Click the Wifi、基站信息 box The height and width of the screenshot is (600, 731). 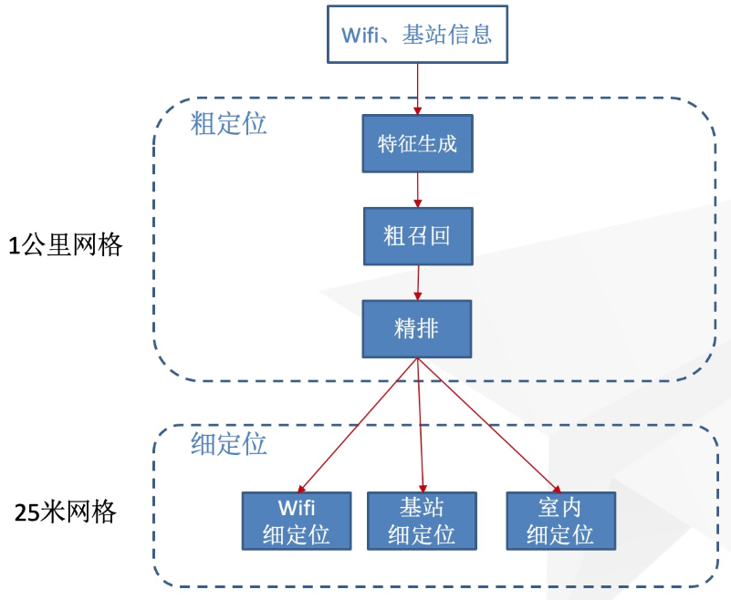[416, 35]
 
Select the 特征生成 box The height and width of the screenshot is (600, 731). [417, 143]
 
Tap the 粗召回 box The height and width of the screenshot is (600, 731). [417, 236]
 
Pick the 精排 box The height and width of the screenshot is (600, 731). [416, 328]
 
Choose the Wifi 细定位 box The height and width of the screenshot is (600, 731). [297, 521]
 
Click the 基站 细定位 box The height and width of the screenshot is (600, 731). [422, 521]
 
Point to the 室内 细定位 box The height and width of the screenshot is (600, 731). [560, 521]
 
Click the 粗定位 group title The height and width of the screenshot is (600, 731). [228, 123]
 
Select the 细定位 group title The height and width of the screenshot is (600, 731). [228, 444]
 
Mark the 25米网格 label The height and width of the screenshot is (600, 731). [66, 512]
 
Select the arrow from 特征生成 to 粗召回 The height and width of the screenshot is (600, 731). [417, 190]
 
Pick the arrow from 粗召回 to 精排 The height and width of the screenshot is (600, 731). [418, 283]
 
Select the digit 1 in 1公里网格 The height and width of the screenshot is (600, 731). [14, 245]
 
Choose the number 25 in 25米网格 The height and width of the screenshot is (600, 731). [26, 512]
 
